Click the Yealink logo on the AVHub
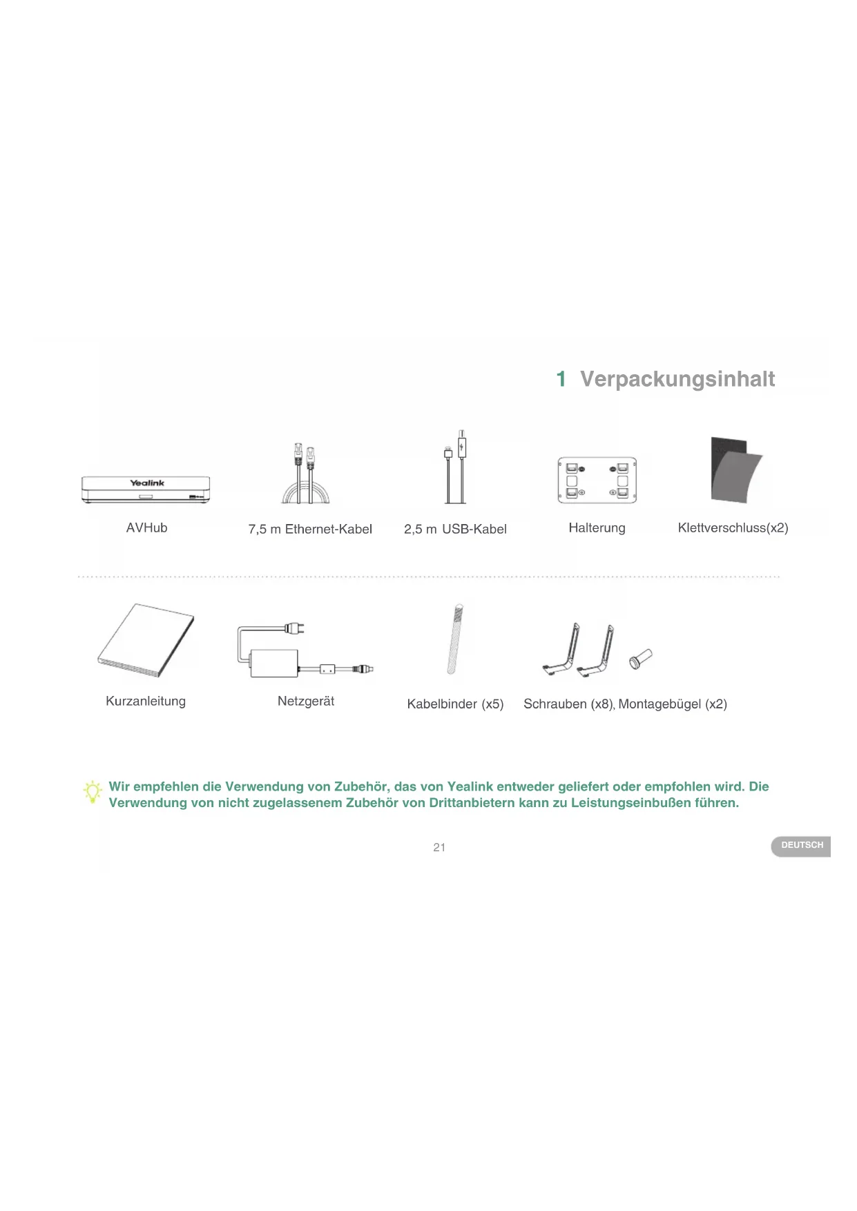[x=147, y=483]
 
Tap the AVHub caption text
[x=146, y=528]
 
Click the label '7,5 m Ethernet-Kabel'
[x=310, y=530]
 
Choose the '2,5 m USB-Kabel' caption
[x=455, y=530]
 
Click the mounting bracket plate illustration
[x=597, y=480]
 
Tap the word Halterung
[x=597, y=528]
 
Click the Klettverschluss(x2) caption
[x=733, y=528]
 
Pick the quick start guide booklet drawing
[x=146, y=640]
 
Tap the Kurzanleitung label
[x=146, y=701]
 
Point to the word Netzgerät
[x=306, y=701]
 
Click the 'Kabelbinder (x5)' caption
[x=455, y=704]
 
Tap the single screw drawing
[x=641, y=659]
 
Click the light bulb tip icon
[x=93, y=792]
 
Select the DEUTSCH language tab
[x=801, y=846]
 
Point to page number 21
[x=439, y=848]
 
